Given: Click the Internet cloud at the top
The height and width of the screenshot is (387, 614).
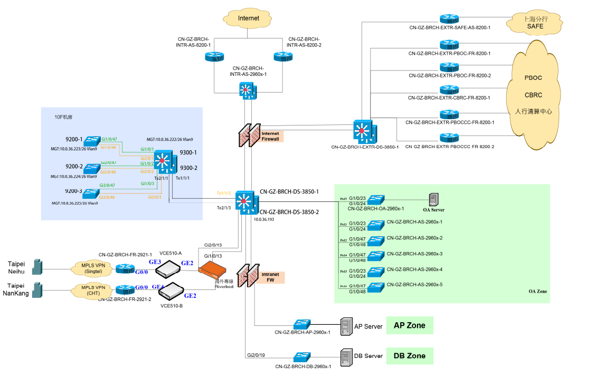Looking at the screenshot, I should pyautogui.click(x=249, y=18).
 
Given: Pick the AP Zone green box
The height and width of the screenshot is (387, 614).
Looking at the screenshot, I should pyautogui.click(x=409, y=325).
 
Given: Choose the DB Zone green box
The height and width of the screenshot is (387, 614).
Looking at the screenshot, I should pyautogui.click(x=409, y=356).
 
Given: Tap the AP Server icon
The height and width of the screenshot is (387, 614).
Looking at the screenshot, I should pyautogui.click(x=346, y=326).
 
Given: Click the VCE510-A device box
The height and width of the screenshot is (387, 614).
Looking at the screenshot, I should pyautogui.click(x=168, y=269).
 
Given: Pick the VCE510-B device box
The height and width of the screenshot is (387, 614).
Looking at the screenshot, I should pyautogui.click(x=168, y=291).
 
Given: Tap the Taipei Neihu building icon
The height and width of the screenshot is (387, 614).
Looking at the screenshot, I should pyautogui.click(x=37, y=267).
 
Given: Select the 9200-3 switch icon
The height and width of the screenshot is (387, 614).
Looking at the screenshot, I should pyautogui.click(x=91, y=193).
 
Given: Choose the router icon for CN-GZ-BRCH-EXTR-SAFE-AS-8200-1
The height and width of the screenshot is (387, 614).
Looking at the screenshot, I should pyautogui.click(x=449, y=19).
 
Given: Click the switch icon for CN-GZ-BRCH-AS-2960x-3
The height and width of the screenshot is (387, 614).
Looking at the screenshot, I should pyautogui.click(x=376, y=257).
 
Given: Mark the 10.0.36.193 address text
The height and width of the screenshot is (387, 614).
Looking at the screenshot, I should pyautogui.click(x=265, y=218).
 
